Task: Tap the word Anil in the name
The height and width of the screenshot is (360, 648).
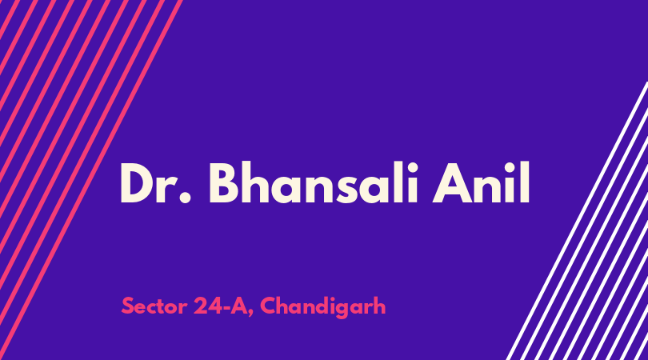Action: [x=481, y=182]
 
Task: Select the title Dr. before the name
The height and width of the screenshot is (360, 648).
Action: [x=156, y=183]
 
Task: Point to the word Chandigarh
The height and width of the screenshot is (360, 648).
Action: [x=322, y=306]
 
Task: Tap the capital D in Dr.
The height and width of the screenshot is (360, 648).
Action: [x=137, y=183]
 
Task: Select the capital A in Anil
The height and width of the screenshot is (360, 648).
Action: [x=451, y=183]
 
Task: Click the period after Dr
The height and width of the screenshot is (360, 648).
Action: [x=186, y=198]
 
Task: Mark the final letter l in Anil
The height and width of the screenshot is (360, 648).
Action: [x=525, y=182]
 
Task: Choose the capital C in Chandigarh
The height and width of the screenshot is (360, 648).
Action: [x=269, y=306]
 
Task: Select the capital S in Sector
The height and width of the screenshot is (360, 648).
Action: [x=128, y=306]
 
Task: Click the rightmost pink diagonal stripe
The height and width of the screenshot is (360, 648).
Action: [x=91, y=180]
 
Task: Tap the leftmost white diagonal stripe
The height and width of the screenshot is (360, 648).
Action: [x=578, y=221]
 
